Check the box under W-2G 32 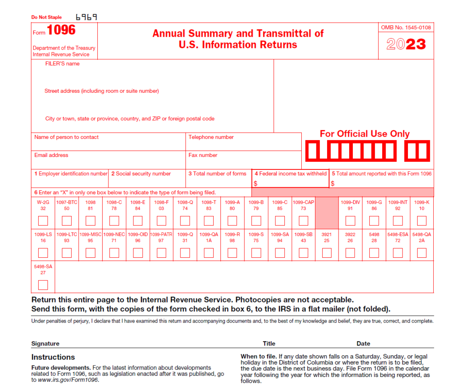(43, 220)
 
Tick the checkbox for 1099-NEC (114, 253)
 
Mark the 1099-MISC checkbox (91, 253)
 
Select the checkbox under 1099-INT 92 (398, 220)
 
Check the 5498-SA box (43, 285)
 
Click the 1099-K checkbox (422, 220)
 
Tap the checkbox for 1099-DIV (350, 220)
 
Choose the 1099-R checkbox (232, 253)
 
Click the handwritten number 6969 (86, 17)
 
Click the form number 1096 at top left (61, 30)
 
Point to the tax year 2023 (406, 44)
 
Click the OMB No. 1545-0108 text (406, 27)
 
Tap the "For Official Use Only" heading (364, 134)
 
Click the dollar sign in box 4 (255, 183)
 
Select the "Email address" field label (52, 155)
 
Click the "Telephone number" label (211, 137)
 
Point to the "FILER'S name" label (62, 64)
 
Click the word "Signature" (45, 343)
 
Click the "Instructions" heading (53, 357)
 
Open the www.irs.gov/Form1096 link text (68, 380)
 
